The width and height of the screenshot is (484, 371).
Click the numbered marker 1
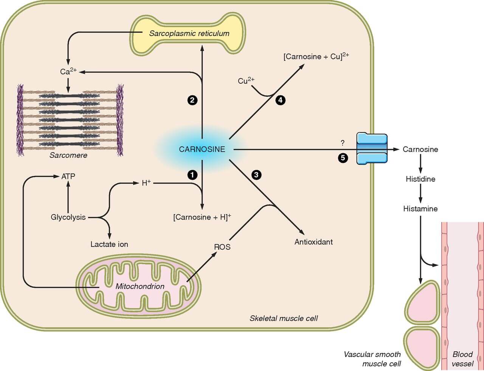(x=192, y=175)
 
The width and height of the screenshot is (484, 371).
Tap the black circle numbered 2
(x=192, y=100)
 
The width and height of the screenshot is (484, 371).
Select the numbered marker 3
(x=256, y=175)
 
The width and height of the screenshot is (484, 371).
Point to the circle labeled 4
(x=280, y=100)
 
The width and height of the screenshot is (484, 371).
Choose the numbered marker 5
(x=343, y=158)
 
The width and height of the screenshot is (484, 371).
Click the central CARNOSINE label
(x=202, y=149)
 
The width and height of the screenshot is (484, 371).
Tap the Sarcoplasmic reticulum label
(x=189, y=33)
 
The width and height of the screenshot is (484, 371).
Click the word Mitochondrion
(x=140, y=286)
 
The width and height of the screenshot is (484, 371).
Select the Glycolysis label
(x=68, y=217)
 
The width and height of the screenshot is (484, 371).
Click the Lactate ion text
(x=109, y=244)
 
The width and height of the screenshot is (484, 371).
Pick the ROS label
(x=222, y=247)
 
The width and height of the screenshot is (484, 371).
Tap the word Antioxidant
(x=313, y=242)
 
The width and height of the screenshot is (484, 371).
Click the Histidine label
(x=420, y=179)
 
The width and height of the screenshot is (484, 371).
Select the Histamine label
(x=420, y=209)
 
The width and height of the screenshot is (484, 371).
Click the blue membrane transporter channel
(x=372, y=149)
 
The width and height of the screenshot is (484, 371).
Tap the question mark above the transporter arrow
(x=343, y=143)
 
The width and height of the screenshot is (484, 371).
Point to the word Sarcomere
(x=68, y=155)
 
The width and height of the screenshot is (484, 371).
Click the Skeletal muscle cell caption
(x=284, y=318)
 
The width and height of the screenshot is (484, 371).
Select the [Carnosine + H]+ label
(x=202, y=217)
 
